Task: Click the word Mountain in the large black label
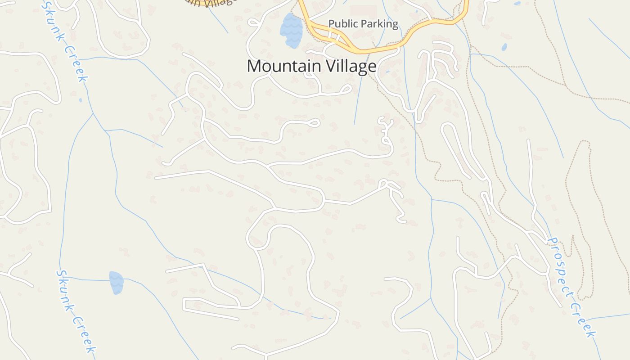point(281,66)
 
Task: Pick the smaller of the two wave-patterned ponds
point(116,283)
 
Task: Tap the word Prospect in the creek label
point(561,265)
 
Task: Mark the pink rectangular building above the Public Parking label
point(363,12)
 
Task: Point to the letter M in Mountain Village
point(254,66)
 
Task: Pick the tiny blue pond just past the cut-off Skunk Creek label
point(81,100)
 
